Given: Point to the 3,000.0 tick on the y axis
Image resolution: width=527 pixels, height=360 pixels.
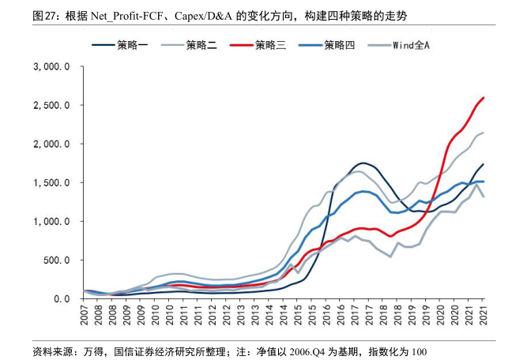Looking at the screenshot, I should click(53, 67).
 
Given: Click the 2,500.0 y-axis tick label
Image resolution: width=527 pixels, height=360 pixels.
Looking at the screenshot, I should click(53, 106).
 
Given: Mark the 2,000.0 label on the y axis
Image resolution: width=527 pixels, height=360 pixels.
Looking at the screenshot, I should click(53, 144).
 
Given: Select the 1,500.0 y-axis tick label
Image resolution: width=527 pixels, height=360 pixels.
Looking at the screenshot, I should click(53, 183).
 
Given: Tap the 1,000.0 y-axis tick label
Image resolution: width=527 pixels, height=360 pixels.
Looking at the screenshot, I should click(53, 222).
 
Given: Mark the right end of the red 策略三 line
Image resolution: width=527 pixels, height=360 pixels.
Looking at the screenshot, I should click(484, 98).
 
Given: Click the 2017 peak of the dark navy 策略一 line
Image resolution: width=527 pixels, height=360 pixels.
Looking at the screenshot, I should click(367, 163).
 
